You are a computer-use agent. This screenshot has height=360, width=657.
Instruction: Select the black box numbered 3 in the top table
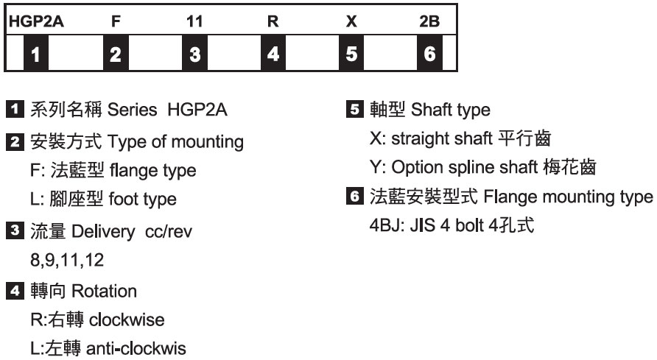point(194,53)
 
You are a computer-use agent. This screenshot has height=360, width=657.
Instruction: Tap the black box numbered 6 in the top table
point(430,53)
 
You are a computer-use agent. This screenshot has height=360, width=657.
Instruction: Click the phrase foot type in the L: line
point(146,199)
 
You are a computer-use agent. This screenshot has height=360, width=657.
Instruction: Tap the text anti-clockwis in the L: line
point(141,349)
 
